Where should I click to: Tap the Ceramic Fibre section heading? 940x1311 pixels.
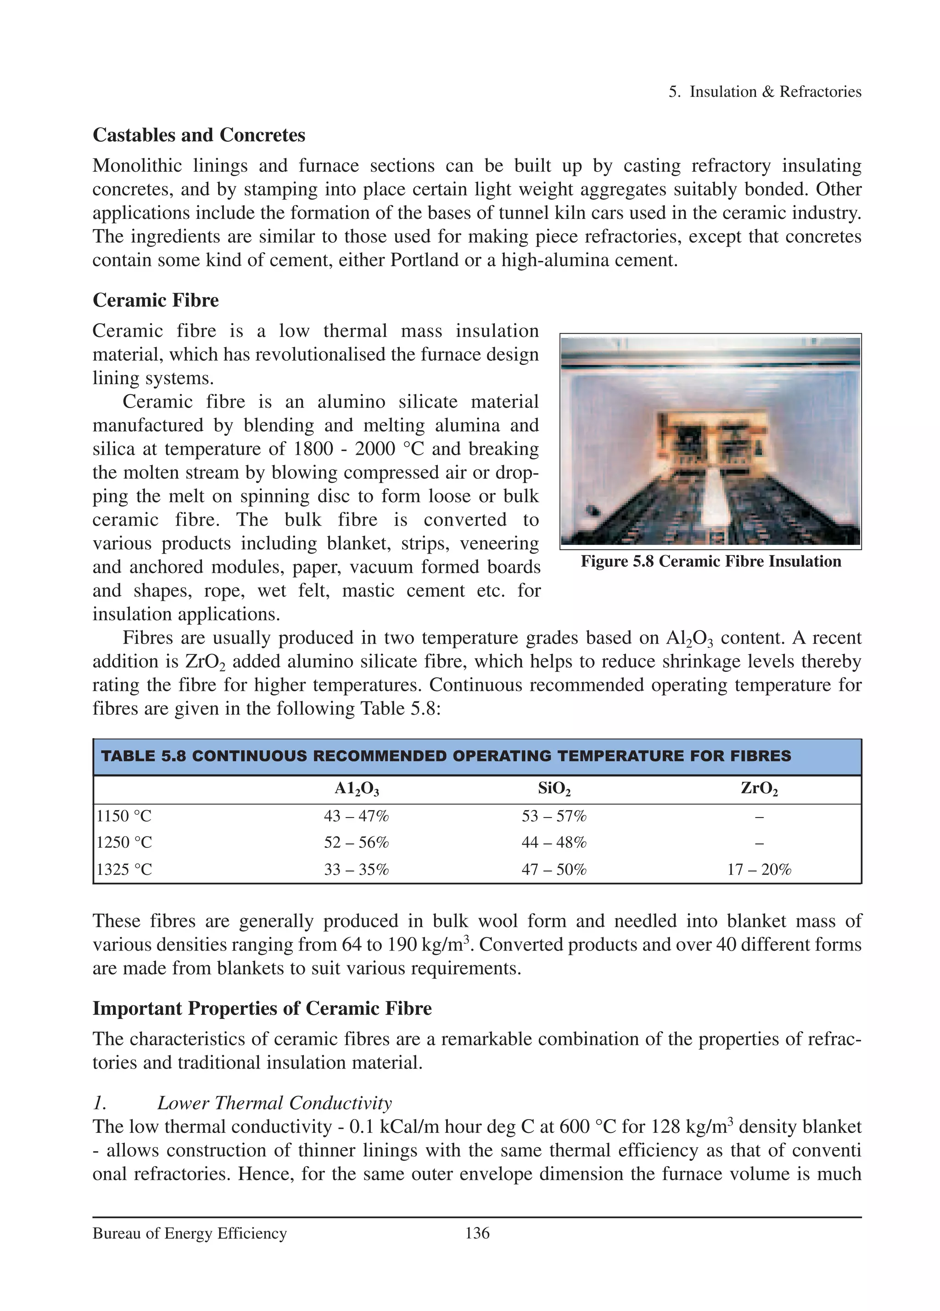pos(155,300)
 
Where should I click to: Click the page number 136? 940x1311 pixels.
pos(477,1233)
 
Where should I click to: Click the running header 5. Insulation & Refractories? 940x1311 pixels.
pos(764,91)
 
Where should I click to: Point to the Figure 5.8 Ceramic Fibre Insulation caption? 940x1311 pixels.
pos(711,561)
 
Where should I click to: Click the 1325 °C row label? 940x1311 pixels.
pos(124,869)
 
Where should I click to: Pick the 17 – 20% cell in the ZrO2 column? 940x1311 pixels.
pos(759,869)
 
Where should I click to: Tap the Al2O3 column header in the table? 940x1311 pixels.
pos(356,789)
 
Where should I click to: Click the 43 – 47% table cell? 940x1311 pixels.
pos(356,816)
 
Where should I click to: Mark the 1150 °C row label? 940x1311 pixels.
pos(124,816)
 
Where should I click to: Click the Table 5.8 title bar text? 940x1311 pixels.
pos(446,756)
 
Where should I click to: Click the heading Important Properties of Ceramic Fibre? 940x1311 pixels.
pos(262,1008)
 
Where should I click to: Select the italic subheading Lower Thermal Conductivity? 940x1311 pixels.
pos(274,1103)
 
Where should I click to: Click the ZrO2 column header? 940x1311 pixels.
pos(759,789)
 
